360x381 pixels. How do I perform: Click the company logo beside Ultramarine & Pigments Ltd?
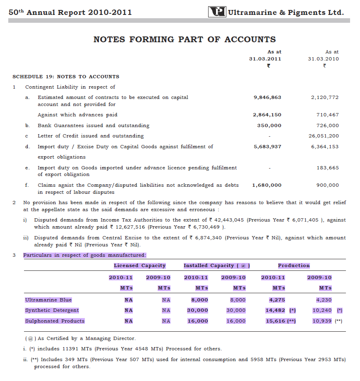click(x=217, y=12)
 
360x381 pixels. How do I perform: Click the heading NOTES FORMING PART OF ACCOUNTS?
click(x=185, y=40)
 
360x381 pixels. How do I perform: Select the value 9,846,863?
click(x=267, y=98)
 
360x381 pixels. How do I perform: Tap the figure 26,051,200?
click(x=324, y=136)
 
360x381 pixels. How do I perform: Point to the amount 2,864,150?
click(x=267, y=115)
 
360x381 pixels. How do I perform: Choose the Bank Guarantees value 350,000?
click(x=269, y=125)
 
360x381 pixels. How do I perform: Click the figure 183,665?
click(x=327, y=168)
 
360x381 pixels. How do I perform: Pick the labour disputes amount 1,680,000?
click(x=266, y=186)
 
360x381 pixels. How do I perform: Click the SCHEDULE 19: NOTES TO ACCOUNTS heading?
click(x=66, y=77)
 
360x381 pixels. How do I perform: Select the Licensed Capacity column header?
click(x=139, y=266)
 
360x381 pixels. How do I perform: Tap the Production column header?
click(x=293, y=266)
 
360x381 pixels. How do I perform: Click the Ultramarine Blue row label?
click(x=48, y=300)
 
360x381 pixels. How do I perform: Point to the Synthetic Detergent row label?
click(x=52, y=310)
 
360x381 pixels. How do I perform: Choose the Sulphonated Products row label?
click(x=55, y=321)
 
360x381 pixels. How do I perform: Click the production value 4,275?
click(x=277, y=300)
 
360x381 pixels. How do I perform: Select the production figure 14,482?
click(x=276, y=310)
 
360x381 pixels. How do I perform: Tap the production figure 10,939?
click(x=322, y=321)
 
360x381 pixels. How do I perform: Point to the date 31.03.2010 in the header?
click(x=323, y=59)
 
